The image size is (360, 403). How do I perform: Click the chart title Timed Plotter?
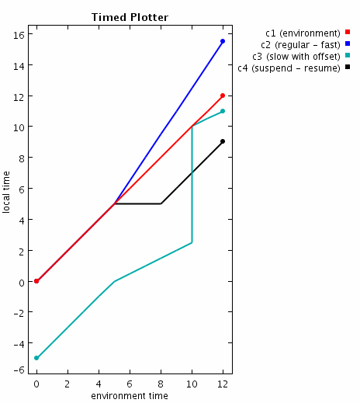130,17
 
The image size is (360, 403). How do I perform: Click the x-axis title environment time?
130,396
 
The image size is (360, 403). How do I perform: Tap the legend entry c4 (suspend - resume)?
289,68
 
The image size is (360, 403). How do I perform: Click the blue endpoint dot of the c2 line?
223,41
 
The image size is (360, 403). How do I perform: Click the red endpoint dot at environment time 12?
223,96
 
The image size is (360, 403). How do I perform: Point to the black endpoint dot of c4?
223,141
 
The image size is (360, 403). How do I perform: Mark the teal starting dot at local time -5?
36,358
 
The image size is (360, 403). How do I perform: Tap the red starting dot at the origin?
36,281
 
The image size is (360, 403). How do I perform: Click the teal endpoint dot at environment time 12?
223,111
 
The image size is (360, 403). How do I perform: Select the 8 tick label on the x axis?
161,384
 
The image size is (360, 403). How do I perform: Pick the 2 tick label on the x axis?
67,384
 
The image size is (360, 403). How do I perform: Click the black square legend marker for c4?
348,68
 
